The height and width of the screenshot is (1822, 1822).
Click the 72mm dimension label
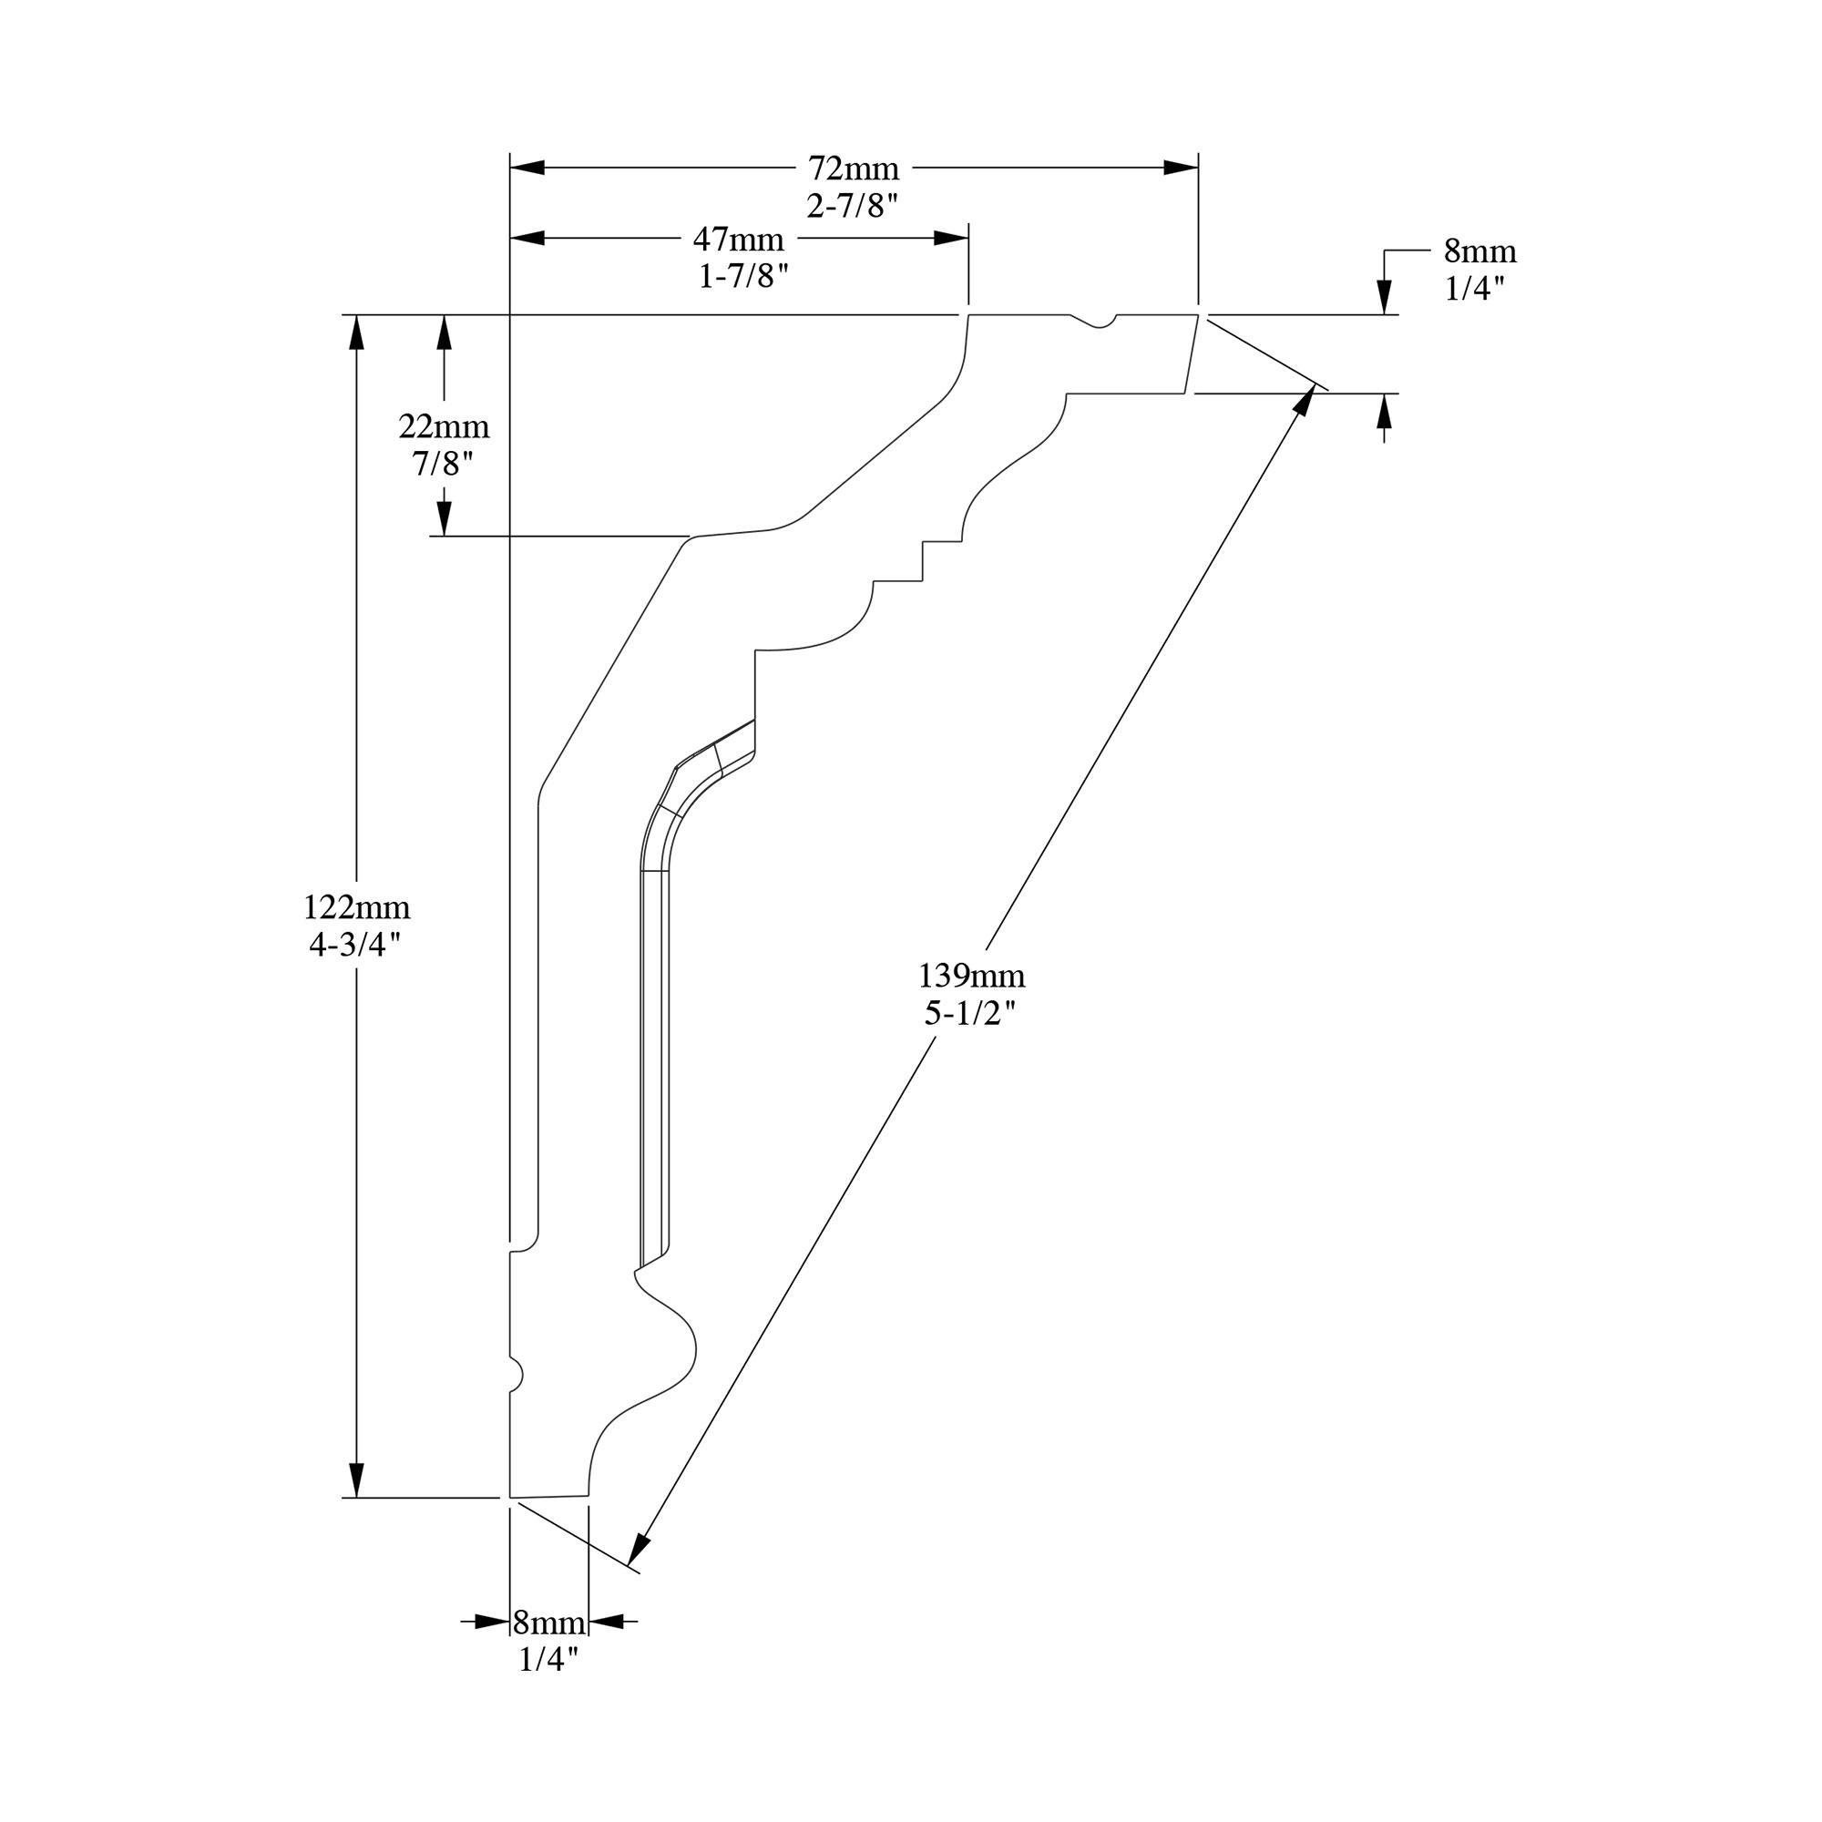(854, 169)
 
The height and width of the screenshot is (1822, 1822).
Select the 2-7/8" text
(853, 205)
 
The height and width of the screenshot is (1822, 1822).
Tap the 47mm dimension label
(739, 240)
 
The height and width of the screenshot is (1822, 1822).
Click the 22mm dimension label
(445, 427)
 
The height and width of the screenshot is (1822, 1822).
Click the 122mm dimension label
(356, 907)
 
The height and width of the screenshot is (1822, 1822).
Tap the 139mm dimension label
(971, 973)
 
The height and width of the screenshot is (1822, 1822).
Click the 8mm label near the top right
(1479, 251)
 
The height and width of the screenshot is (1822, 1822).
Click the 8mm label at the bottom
(548, 1623)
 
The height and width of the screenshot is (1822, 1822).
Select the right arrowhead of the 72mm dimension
(1181, 168)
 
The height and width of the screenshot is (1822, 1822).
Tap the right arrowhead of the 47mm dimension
(950, 239)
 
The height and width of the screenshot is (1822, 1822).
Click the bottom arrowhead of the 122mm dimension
(356, 1478)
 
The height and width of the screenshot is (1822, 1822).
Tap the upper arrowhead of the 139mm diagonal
(1305, 401)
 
